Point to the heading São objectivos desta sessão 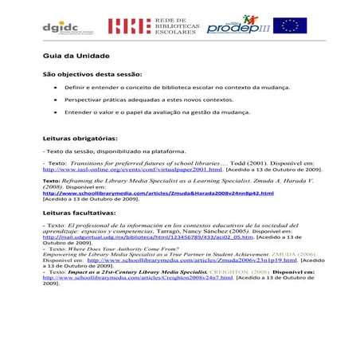pos(91,72)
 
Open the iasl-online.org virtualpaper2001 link pos(132,170)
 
